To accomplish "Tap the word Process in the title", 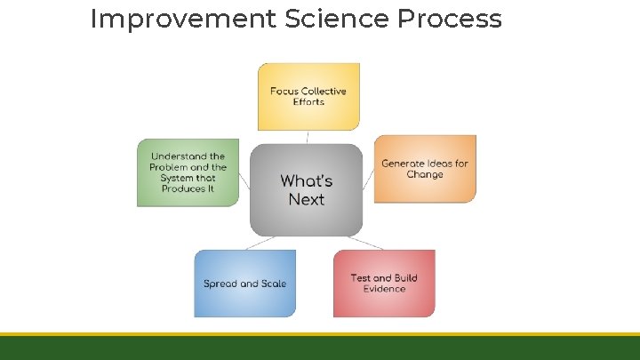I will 456,19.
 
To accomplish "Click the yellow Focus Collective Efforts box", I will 308,96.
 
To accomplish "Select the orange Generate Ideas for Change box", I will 425,169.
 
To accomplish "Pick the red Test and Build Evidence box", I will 384,283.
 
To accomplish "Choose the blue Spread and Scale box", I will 245,284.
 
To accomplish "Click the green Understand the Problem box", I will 188,172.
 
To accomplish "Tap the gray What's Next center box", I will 307,190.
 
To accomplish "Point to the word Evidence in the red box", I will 384,289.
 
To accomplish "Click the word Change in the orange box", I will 425,175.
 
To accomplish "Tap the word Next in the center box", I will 307,200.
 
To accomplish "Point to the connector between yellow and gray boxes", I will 308,137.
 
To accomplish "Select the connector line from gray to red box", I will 364,242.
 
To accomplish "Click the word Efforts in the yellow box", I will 308,102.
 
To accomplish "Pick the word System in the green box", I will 176,178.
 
